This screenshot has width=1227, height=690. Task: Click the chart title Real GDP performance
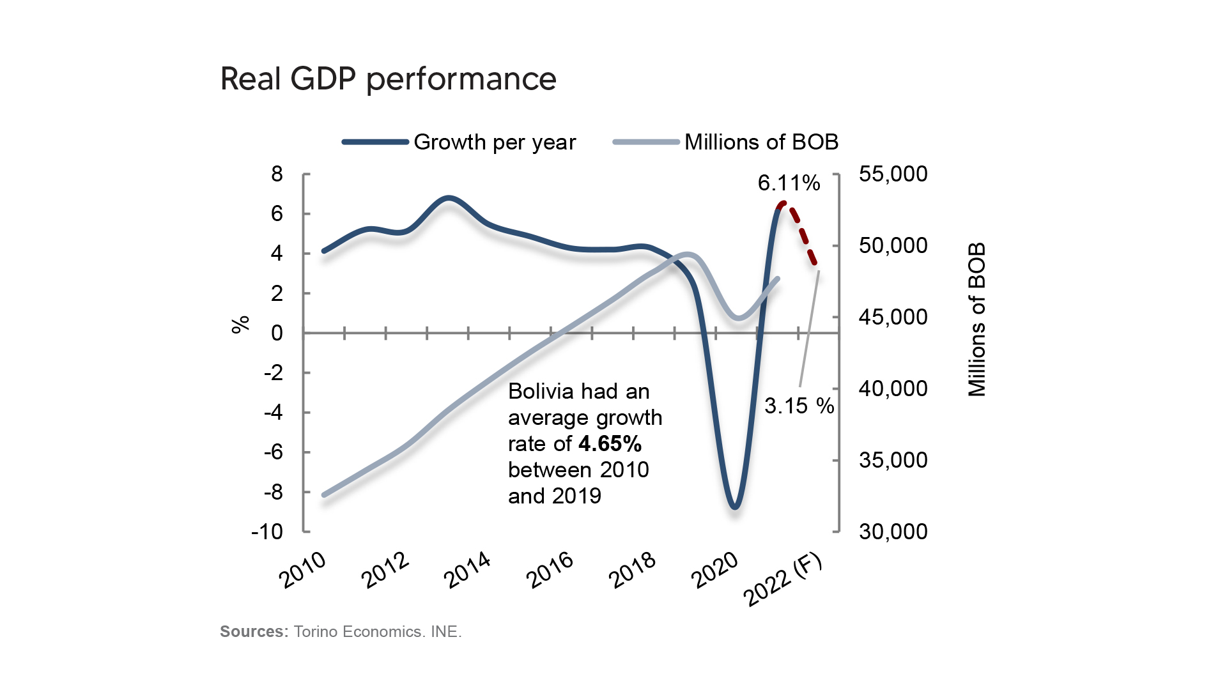click(388, 79)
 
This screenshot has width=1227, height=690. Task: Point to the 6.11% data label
click(789, 183)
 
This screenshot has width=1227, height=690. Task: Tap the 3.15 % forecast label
click(799, 406)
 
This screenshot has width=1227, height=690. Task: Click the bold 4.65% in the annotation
click(610, 444)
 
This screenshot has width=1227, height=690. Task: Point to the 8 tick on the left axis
click(277, 174)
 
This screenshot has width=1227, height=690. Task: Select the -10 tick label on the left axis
click(267, 532)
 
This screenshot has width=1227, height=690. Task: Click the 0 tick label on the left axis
click(277, 333)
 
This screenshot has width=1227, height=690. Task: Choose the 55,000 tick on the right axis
click(893, 174)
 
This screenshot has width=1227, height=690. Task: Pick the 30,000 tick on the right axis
click(893, 532)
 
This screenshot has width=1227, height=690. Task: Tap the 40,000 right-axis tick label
click(893, 388)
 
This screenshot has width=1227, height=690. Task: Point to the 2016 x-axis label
click(550, 570)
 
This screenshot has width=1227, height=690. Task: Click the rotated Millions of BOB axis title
click(977, 319)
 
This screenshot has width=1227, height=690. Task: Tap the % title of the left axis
click(240, 325)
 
